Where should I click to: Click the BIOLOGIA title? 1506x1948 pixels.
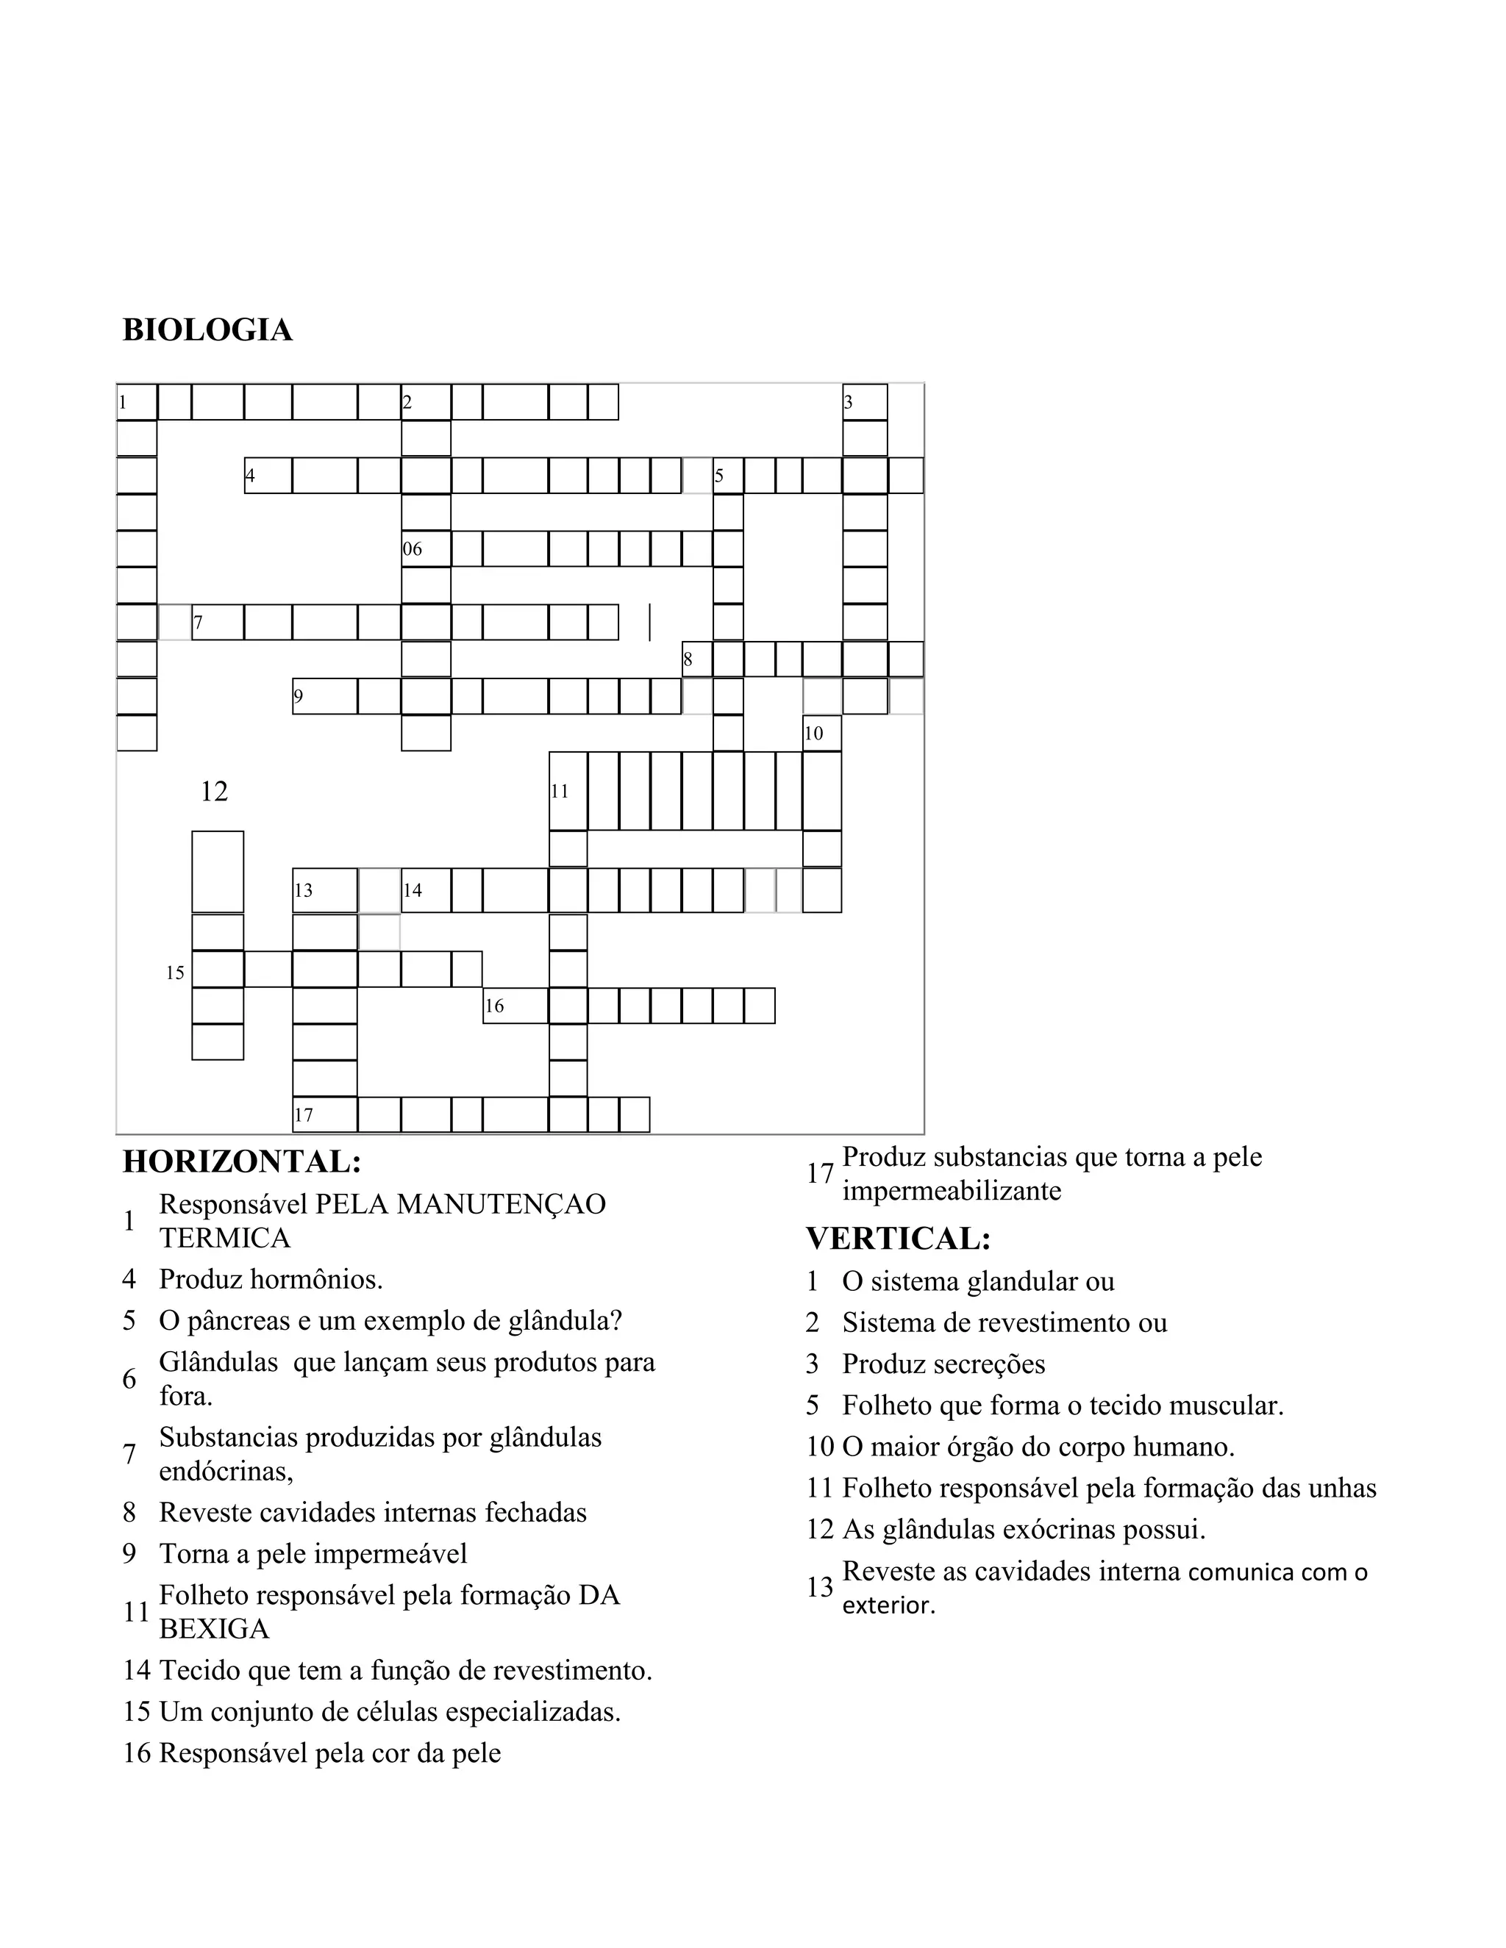point(207,330)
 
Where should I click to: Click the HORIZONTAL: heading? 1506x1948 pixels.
point(242,1161)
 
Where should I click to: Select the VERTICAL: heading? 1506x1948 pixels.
point(899,1238)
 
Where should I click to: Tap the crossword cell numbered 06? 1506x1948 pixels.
point(426,548)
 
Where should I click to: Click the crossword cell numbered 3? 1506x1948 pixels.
point(865,402)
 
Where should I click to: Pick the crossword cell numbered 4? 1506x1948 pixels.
point(268,476)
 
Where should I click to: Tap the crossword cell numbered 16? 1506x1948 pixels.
point(515,1005)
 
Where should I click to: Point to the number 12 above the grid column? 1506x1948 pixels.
point(214,791)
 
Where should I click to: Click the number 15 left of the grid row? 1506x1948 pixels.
point(175,973)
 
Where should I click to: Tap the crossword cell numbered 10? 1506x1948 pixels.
point(821,733)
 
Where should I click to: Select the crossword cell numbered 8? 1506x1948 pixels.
point(697,660)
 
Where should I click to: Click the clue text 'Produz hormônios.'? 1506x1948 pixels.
point(271,1279)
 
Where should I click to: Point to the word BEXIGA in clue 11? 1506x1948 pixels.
point(214,1629)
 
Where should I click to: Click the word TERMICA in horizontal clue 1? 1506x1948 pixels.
point(225,1238)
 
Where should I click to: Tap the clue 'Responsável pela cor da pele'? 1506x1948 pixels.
point(329,1752)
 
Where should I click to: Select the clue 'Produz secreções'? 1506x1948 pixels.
point(943,1364)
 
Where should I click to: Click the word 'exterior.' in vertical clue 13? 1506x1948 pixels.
point(888,1605)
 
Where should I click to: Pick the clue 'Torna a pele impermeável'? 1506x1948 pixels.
point(313,1554)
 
